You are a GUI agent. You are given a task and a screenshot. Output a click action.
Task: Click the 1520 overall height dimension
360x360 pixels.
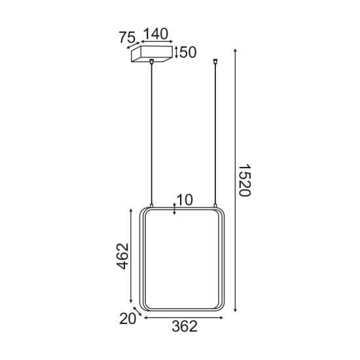coord(244,183)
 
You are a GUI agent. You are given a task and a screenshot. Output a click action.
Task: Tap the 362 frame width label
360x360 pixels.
coord(184,327)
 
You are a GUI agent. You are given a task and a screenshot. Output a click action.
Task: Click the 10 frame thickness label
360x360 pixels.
coord(185,200)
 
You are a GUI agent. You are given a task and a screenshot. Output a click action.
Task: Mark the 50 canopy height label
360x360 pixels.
coord(188,52)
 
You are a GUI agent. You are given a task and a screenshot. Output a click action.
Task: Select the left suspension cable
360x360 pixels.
coord(151,131)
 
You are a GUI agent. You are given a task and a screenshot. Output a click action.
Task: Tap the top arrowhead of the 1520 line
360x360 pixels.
coord(235,50)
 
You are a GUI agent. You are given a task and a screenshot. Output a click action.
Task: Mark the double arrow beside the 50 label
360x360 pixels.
coord(177,52)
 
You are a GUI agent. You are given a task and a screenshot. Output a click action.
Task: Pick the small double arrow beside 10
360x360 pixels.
coord(173,209)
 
